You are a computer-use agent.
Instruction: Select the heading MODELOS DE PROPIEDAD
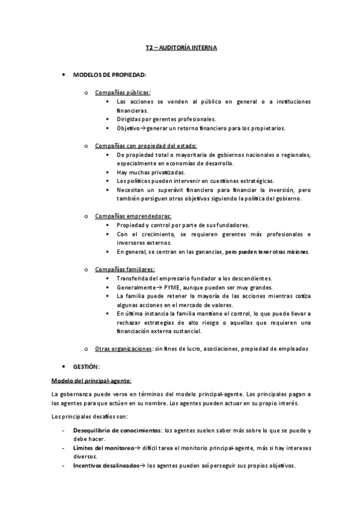pyautogui.click(x=109, y=75)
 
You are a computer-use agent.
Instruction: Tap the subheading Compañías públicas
pyautogui.click(x=123, y=92)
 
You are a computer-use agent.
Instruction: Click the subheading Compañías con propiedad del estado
pyautogui.click(x=145, y=146)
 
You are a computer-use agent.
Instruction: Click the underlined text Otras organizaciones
pyautogui.click(x=123, y=349)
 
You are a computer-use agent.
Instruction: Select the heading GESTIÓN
pyautogui.click(x=86, y=366)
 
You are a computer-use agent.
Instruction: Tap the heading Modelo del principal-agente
pyautogui.click(x=91, y=380)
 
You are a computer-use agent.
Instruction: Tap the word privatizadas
pyautogui.click(x=153, y=172)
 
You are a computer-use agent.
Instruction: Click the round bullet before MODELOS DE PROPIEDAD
pyautogui.click(x=64, y=75)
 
